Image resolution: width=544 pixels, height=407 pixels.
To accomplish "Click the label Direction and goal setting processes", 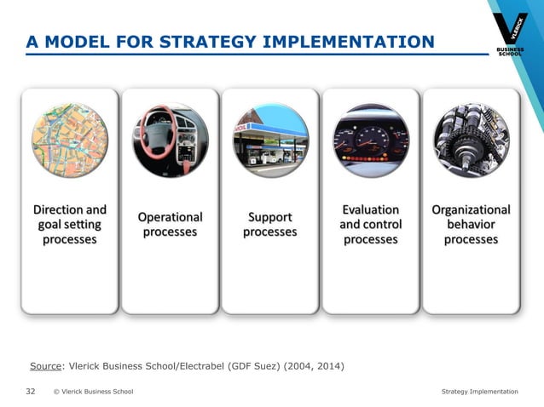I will click(x=70, y=224).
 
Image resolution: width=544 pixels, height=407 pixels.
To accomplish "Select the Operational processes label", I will click(x=170, y=225).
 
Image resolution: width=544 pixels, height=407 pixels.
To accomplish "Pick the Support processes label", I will click(x=270, y=225).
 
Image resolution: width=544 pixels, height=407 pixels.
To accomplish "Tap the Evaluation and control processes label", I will click(x=370, y=224).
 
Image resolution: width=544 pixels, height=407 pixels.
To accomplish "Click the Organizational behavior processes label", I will click(x=471, y=224).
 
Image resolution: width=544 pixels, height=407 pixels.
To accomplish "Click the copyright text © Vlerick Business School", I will click(x=92, y=392).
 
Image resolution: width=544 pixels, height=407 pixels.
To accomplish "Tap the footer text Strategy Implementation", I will click(x=479, y=392).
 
